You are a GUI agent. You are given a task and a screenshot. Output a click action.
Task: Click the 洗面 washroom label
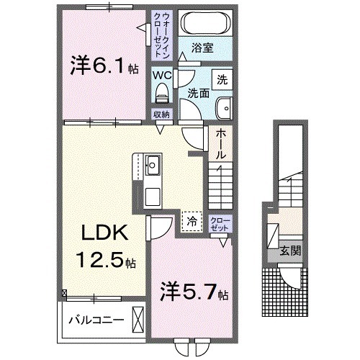click(198, 92)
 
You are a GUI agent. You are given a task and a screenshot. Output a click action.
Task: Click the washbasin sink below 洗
click(224, 107)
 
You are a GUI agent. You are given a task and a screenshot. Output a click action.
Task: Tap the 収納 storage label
click(161, 114)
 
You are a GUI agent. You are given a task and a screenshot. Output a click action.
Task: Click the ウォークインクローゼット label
click(161, 35)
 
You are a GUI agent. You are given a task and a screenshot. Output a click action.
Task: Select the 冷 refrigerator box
click(192, 220)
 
